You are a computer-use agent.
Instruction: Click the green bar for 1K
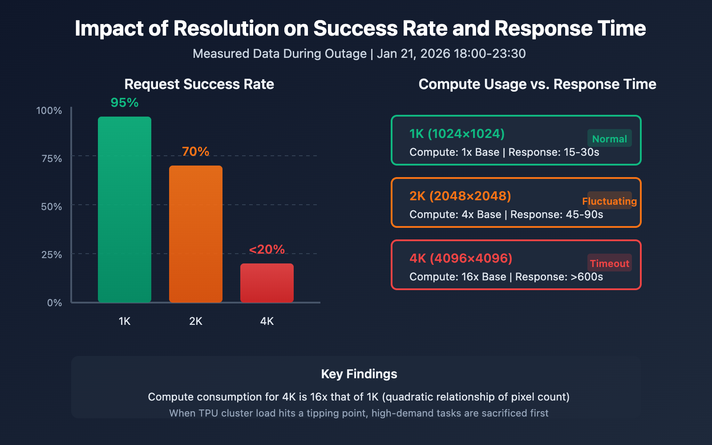coord(125,209)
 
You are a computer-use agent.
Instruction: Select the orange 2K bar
coord(196,234)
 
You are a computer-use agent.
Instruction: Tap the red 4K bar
coord(267,283)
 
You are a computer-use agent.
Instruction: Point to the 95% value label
coord(125,103)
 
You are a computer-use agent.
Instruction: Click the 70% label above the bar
coord(196,152)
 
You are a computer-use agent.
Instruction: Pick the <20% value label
coord(267,250)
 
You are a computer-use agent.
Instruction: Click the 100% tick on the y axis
coord(49,111)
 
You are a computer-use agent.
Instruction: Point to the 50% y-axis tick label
coord(51,207)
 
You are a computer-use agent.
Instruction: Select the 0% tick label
coord(54,303)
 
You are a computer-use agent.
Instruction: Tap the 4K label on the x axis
coord(267,321)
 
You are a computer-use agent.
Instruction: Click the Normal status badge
coord(609,139)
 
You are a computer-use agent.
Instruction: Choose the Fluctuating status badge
coord(609,201)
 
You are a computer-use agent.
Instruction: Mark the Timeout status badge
coord(609,263)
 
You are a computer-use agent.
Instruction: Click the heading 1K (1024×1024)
coord(457,134)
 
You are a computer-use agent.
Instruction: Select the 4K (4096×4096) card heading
coord(461,259)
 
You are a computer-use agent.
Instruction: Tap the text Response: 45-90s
coord(557,214)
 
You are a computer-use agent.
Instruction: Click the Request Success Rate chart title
coord(199,84)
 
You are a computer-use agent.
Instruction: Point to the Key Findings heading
coord(359,374)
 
